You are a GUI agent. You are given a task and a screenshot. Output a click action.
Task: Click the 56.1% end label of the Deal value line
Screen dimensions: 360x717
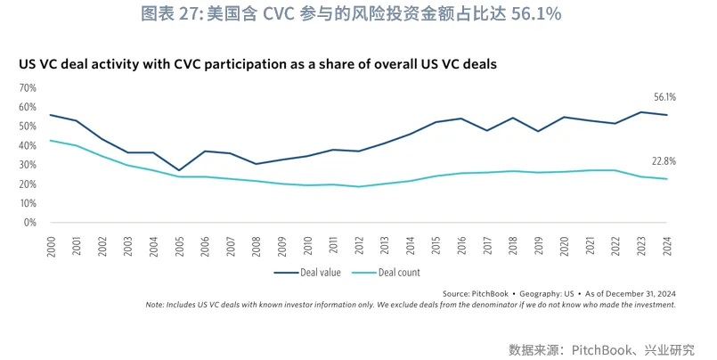coord(664,97)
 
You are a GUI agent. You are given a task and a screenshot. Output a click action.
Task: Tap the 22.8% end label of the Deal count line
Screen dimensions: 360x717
coord(664,162)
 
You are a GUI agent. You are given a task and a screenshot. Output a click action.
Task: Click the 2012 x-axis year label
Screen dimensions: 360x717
coord(359,242)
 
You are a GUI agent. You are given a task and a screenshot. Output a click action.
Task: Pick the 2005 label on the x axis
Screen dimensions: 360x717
coord(179,242)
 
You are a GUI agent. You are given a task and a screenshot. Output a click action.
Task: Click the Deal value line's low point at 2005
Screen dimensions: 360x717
coord(179,170)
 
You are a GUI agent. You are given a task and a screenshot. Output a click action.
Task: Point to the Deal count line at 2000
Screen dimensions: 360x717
coord(50,140)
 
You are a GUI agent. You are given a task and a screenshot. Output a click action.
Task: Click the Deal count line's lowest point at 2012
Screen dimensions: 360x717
coord(359,186)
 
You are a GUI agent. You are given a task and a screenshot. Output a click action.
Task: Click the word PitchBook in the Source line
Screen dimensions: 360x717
coord(491,293)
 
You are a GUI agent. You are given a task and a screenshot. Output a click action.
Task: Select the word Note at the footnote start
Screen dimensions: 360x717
coord(155,305)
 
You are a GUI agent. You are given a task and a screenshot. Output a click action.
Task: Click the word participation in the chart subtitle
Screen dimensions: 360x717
coord(257,65)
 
